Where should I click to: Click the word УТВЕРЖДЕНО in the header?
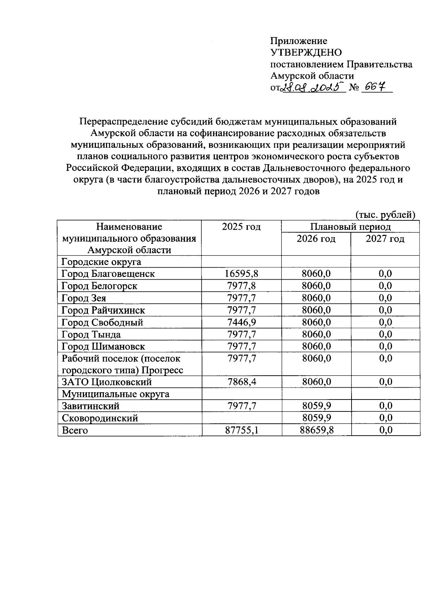point(306,53)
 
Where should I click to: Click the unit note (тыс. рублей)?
point(385,215)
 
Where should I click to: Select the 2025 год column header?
point(241,227)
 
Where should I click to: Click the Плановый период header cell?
point(350,227)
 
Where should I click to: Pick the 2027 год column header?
point(385,239)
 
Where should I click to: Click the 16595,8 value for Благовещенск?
point(241,274)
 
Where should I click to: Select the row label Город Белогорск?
point(99,286)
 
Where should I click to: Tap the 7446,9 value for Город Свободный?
point(241,322)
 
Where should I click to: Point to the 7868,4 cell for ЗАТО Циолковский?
point(241,382)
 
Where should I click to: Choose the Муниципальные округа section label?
point(115,394)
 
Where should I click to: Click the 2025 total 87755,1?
point(241,430)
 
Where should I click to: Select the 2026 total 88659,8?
point(316,430)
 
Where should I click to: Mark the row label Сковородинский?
point(100,418)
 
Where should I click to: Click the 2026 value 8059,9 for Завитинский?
point(316,406)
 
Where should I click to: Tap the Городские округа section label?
point(101,262)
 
